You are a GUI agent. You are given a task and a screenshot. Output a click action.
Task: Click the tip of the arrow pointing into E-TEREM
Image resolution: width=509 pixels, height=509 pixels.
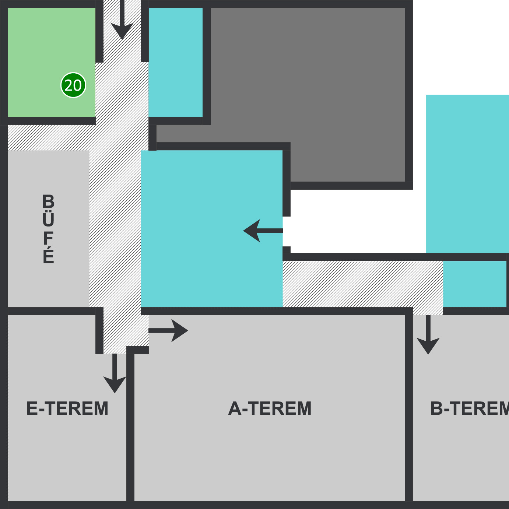115,393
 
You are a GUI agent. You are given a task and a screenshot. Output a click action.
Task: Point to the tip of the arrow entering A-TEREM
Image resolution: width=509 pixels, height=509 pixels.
188,330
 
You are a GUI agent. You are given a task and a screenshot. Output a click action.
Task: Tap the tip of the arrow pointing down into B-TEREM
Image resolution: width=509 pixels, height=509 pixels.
428,354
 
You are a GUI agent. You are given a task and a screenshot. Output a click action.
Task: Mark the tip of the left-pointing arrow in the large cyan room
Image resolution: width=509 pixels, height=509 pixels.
243,231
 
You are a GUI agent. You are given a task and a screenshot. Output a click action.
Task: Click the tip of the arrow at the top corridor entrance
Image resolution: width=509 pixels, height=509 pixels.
122,39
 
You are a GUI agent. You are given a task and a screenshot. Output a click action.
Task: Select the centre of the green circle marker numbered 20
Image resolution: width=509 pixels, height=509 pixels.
73,85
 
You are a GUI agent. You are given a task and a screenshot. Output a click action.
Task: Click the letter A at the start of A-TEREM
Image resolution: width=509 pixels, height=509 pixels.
235,408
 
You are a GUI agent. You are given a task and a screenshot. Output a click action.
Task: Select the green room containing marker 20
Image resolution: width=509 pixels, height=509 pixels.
52,62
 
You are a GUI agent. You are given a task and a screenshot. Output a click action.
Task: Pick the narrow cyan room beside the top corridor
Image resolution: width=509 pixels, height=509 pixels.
175,62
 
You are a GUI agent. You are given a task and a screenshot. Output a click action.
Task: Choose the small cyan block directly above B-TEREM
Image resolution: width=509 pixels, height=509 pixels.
475,284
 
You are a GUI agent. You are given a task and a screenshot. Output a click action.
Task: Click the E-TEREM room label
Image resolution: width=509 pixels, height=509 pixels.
67,408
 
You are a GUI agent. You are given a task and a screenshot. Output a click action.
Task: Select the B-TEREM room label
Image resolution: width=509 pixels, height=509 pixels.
470,408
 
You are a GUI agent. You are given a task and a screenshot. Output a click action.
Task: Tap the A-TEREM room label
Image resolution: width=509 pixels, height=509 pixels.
270,408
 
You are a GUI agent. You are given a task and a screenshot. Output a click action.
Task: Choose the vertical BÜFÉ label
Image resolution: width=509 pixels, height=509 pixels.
48,229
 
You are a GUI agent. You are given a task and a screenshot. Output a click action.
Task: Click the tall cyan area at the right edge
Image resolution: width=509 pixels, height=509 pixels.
467,174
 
